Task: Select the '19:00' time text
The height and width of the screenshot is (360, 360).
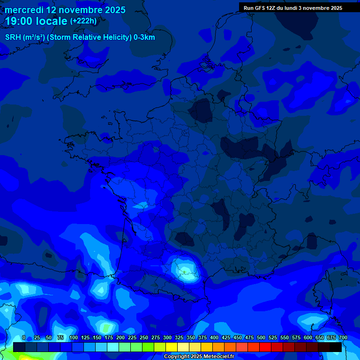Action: click(x=19, y=21)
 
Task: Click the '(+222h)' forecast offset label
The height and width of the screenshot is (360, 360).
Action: click(x=83, y=21)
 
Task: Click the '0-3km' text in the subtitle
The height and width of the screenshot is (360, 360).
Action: click(x=144, y=37)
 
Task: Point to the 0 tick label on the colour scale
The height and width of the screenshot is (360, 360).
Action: click(x=23, y=337)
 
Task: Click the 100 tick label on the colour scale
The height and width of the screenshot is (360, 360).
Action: click(x=73, y=337)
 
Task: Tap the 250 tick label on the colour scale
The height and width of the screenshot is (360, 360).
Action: click(x=144, y=337)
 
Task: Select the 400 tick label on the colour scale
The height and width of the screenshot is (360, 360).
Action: click(x=214, y=337)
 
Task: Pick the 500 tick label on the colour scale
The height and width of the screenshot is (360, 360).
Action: click(x=261, y=337)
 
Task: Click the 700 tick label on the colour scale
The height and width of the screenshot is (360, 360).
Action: click(x=343, y=337)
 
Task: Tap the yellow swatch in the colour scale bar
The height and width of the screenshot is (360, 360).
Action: click(x=172, y=347)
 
